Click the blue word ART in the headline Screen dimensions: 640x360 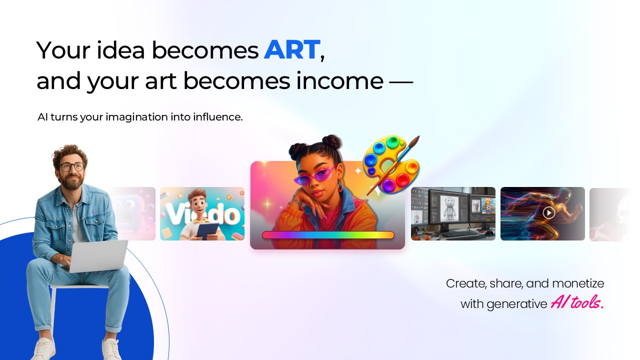(x=291, y=50)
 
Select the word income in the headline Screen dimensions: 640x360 (x=339, y=81)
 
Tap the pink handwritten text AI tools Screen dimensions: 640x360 (x=577, y=302)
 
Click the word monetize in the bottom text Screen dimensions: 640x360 (x=578, y=283)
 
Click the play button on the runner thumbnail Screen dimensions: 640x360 (x=548, y=213)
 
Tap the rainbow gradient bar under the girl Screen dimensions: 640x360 (x=328, y=235)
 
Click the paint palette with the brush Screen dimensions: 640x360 (x=391, y=164)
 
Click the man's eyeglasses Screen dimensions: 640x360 (x=72, y=166)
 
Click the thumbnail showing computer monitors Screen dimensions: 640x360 (x=453, y=213)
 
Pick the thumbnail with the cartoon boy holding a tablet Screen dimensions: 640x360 (x=202, y=213)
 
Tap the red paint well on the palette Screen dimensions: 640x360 (x=402, y=179)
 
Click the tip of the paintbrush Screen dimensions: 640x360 (x=418, y=137)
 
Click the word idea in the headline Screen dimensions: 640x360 (x=120, y=50)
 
